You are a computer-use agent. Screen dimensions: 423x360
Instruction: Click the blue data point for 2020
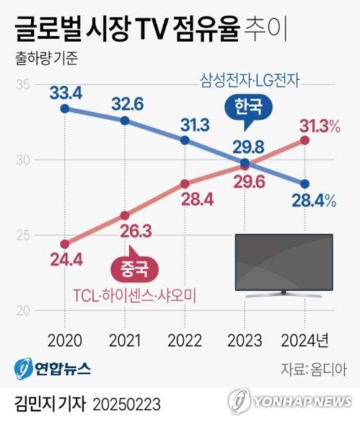point(65,109)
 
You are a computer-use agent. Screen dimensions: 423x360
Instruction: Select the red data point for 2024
point(304,139)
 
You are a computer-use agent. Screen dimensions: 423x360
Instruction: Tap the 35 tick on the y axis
point(22,84)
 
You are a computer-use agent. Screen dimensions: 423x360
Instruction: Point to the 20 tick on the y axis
point(22,310)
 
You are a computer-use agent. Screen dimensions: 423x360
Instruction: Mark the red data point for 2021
point(125,215)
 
